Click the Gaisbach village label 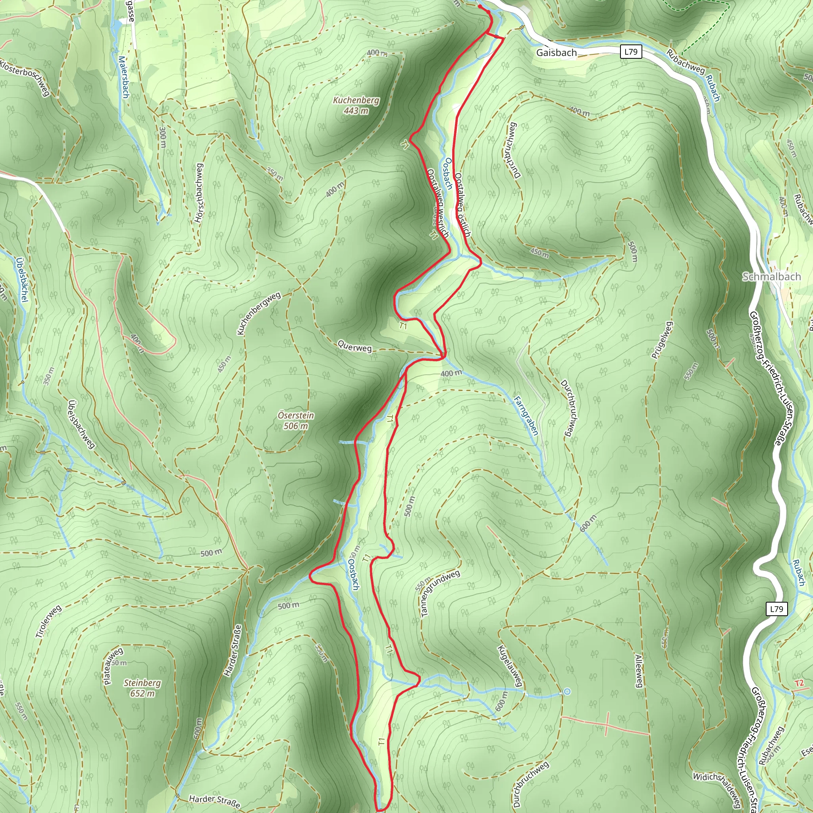(x=556, y=53)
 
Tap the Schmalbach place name (x=771, y=276)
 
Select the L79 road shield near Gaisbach (x=631, y=52)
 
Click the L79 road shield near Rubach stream (x=776, y=609)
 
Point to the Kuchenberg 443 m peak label (x=356, y=105)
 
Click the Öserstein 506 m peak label (x=296, y=420)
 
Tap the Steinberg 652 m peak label (x=142, y=688)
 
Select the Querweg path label (x=355, y=348)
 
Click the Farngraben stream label (x=526, y=415)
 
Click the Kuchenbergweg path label (x=258, y=314)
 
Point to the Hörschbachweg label (x=199, y=193)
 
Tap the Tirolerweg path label (x=49, y=622)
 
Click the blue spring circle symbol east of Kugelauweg (x=567, y=692)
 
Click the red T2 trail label (x=799, y=683)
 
